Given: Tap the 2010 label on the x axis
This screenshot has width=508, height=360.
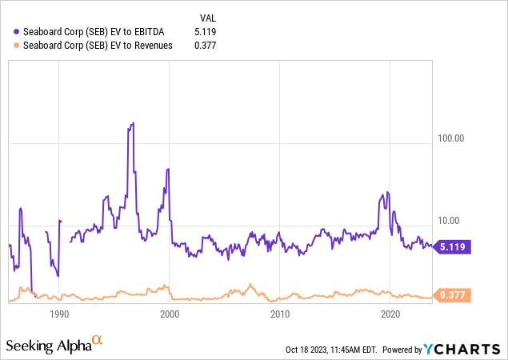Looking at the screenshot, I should pyautogui.click(x=280, y=314).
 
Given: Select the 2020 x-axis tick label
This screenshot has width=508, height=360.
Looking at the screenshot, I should pyautogui.click(x=390, y=314).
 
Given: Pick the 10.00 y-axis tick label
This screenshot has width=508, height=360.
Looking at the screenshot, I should pyautogui.click(x=454, y=221).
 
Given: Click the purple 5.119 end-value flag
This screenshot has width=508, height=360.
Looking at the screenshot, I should pyautogui.click(x=453, y=248).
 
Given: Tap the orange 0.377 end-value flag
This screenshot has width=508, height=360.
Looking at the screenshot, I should pyautogui.click(x=453, y=296).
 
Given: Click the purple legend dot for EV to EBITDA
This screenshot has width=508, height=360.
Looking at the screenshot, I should pyautogui.click(x=16, y=31).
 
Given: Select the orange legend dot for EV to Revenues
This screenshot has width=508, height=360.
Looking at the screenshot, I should pyautogui.click(x=16, y=46).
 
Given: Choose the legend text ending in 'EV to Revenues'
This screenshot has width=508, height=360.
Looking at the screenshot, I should pyautogui.click(x=95, y=46).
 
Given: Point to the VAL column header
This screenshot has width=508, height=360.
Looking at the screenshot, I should pyautogui.click(x=206, y=16).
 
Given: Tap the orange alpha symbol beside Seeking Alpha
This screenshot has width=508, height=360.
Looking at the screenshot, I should pyautogui.click(x=97, y=341).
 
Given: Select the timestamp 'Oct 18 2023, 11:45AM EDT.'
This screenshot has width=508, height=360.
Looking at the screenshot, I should pyautogui.click(x=330, y=350).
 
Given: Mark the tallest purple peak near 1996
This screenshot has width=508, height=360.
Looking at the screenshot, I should pyautogui.click(x=133, y=123).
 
